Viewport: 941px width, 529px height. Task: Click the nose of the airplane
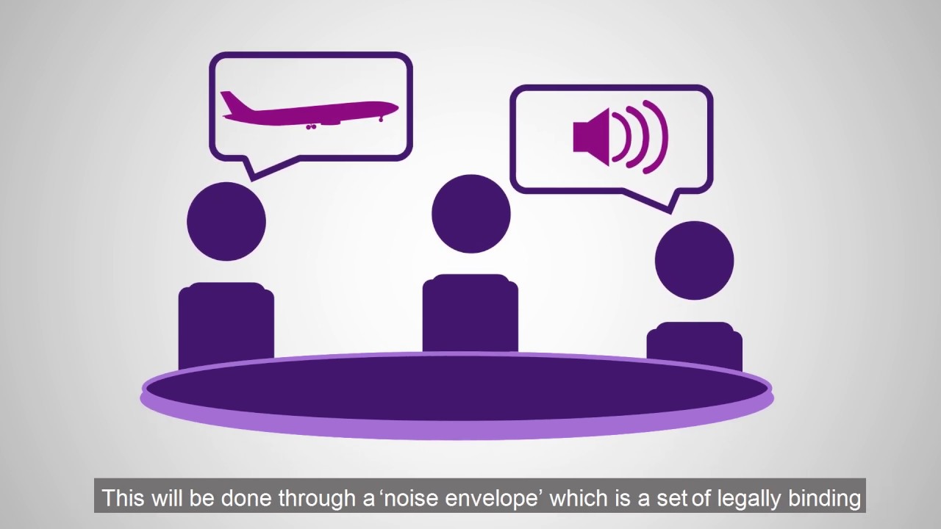395,109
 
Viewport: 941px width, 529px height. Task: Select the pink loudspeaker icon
593,137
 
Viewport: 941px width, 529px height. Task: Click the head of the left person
226,221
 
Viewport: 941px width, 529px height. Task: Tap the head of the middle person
470,214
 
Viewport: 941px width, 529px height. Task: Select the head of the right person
694,260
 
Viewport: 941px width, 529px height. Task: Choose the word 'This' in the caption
124,498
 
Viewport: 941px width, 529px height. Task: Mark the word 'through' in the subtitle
320,498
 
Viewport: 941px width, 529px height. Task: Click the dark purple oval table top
456,388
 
